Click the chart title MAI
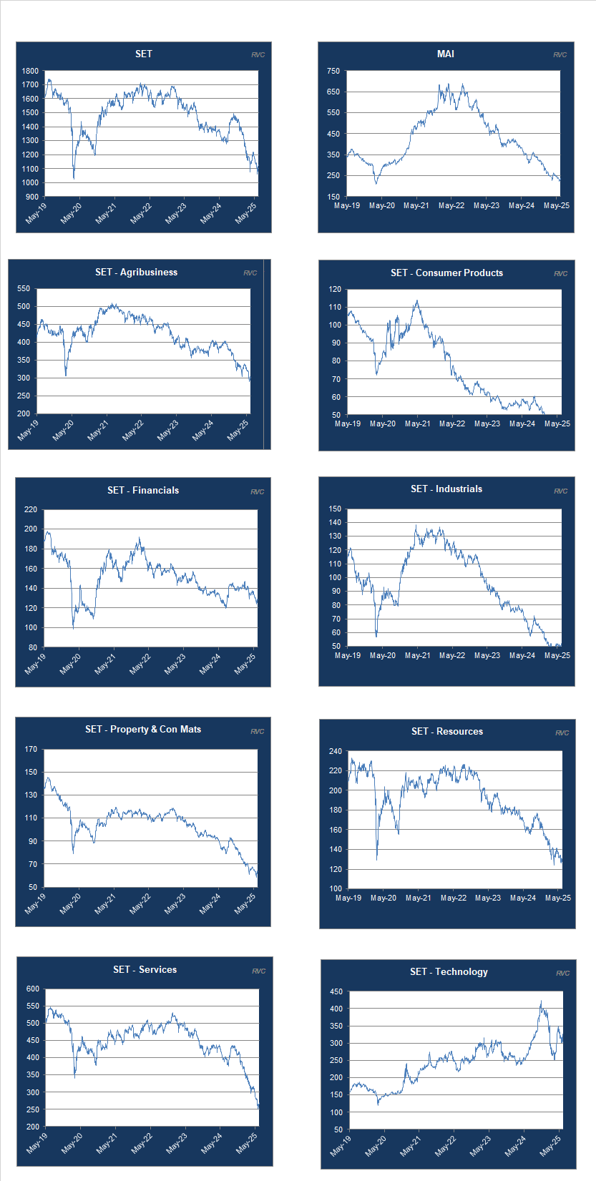tap(445, 54)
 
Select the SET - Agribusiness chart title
tap(136, 272)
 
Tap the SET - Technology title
tap(449, 971)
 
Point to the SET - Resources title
tap(446, 731)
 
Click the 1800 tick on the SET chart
tap(30, 71)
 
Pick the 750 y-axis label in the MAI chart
tap(333, 71)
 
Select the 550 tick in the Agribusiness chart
tap(24, 289)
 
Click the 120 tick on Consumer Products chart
tap(335, 290)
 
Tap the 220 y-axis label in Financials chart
tap(30, 509)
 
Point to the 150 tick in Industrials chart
tap(335, 509)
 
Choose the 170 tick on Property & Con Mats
tap(30, 750)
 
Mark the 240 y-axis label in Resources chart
tap(335, 751)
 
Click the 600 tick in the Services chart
tap(32, 989)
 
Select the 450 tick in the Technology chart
tap(336, 992)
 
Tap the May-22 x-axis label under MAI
tap(451, 206)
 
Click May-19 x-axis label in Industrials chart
tap(348, 655)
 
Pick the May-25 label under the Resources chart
tap(558, 898)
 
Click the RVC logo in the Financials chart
tap(257, 491)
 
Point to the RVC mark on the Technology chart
tap(562, 973)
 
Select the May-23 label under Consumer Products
tap(487, 423)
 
